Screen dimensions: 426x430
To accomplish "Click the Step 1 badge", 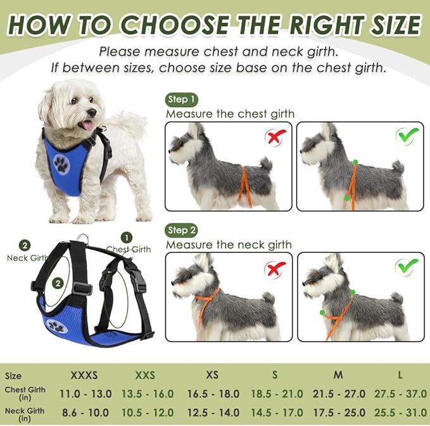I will tap(182, 100).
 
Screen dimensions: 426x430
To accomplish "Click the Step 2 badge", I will tap(182, 230).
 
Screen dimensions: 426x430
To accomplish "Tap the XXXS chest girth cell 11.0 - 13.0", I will tap(85, 394).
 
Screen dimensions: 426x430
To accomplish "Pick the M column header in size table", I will tap(338, 375).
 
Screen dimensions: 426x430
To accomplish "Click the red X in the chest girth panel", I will tap(275, 137).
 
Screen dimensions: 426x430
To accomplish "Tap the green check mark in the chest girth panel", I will tap(407, 135).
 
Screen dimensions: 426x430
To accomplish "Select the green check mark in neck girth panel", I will tap(407, 267).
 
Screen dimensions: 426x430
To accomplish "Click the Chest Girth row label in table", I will tap(25, 394).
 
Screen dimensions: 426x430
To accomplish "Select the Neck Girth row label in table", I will tap(25, 414).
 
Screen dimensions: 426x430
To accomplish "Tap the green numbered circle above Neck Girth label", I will tap(25, 245).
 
